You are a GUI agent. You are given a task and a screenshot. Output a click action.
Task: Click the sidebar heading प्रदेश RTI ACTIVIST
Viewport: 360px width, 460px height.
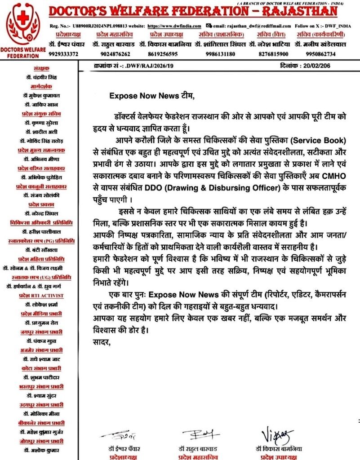[41, 296]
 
